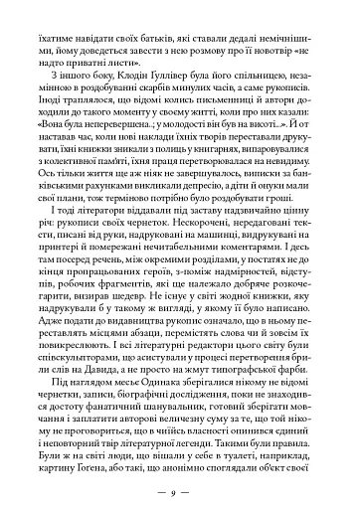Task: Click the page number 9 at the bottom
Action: [180, 489]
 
